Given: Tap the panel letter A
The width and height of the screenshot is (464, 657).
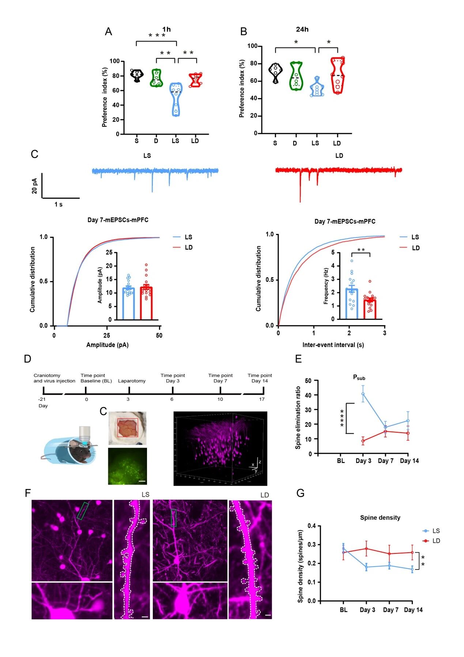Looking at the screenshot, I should [108, 32].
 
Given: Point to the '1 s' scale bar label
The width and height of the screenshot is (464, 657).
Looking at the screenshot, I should [59, 205].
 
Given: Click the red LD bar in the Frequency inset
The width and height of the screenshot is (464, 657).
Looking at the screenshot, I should [370, 309].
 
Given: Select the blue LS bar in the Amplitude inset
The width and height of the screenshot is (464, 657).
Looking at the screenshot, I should [128, 303].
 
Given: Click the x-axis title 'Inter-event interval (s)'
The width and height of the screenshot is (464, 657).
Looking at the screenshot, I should [333, 345].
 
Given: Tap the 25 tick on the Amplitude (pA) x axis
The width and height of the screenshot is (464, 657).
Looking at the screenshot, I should [106, 335].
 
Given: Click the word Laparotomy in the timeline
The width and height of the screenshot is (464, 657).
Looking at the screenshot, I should [132, 381].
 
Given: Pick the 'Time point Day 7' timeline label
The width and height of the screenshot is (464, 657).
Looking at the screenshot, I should [220, 378].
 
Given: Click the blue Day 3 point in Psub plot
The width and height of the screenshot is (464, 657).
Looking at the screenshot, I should [363, 394].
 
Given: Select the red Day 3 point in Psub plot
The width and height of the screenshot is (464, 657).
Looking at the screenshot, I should [363, 441].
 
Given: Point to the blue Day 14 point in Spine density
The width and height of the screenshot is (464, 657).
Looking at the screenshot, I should [412, 569].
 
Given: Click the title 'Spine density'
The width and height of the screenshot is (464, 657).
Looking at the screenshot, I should [380, 518].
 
